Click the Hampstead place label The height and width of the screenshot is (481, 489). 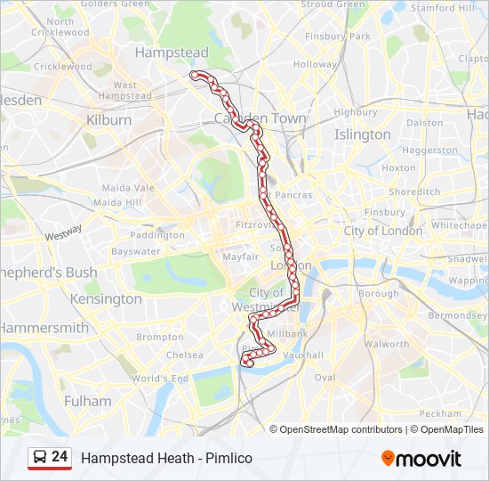(x=172, y=53)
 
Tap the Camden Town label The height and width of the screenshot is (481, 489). (x=261, y=118)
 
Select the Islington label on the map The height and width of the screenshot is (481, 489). (x=362, y=135)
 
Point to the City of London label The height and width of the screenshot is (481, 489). (x=383, y=231)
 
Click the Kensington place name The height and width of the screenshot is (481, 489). (x=106, y=298)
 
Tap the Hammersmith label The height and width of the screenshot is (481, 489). (x=44, y=328)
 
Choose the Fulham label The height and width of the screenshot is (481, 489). (x=88, y=401)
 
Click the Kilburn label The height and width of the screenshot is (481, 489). (x=109, y=119)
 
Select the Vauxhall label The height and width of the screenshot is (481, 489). (x=303, y=355)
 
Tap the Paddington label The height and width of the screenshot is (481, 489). (x=156, y=235)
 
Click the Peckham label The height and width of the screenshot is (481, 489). (x=440, y=413)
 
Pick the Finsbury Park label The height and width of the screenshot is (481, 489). (x=337, y=37)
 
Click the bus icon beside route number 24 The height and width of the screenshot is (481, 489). (x=39, y=458)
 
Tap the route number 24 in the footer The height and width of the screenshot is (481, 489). (x=60, y=457)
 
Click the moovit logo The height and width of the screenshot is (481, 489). (x=421, y=459)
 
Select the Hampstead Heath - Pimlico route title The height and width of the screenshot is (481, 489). (x=166, y=458)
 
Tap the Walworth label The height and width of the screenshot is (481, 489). (x=387, y=344)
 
